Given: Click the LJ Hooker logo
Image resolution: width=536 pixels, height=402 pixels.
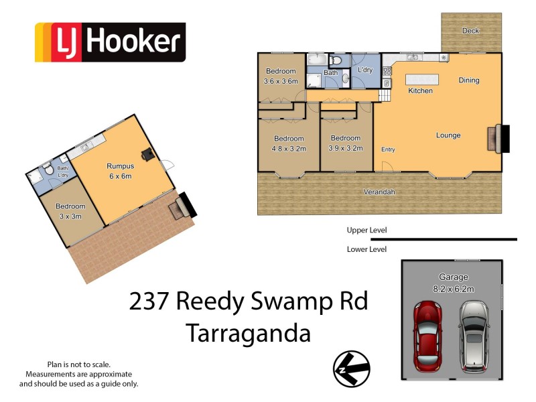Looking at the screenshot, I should coord(110,42).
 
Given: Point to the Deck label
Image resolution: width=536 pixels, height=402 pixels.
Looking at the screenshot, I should coord(471,31).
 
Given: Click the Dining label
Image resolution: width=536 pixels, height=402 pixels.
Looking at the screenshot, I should coord(469,80).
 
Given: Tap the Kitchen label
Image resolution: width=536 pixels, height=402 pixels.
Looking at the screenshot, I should coord(420,90).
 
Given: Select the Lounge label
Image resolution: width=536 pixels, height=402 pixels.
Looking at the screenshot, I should coord(448,135).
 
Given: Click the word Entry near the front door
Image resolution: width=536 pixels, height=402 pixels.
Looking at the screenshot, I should coord(388,149).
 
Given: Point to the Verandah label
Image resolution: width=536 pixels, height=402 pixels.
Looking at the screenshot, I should coord(379,192).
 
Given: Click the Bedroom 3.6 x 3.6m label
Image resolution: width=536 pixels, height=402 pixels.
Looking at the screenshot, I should coord(280,76).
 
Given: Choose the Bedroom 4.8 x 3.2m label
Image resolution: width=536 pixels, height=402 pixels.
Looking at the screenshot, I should coord(288,143).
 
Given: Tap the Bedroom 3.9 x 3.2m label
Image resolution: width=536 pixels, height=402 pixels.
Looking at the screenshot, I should coord(346,143).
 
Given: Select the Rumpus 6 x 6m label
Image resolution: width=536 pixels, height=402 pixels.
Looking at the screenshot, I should coord(121,171).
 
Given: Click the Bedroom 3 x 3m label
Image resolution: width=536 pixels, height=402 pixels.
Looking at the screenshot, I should coord(70,211).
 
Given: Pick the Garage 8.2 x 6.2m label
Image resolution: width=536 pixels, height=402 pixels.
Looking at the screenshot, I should coord(453,283).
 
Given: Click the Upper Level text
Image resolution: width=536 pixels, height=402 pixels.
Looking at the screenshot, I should coord(366,230).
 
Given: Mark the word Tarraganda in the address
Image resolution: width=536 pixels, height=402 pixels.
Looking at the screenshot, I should coord(248,333).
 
